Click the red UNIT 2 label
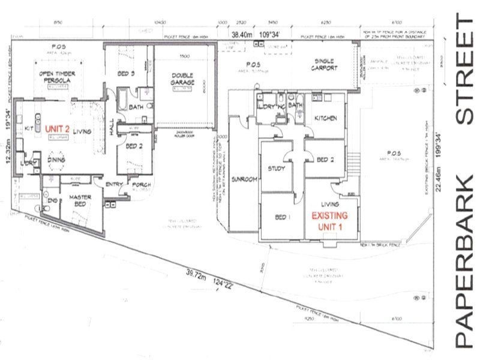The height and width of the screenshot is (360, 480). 58,128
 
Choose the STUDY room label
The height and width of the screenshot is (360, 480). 277,169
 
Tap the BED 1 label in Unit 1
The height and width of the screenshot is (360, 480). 280,215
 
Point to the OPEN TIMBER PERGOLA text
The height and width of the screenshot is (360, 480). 57,76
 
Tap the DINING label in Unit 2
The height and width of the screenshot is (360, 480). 57,160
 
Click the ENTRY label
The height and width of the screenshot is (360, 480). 114,184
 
